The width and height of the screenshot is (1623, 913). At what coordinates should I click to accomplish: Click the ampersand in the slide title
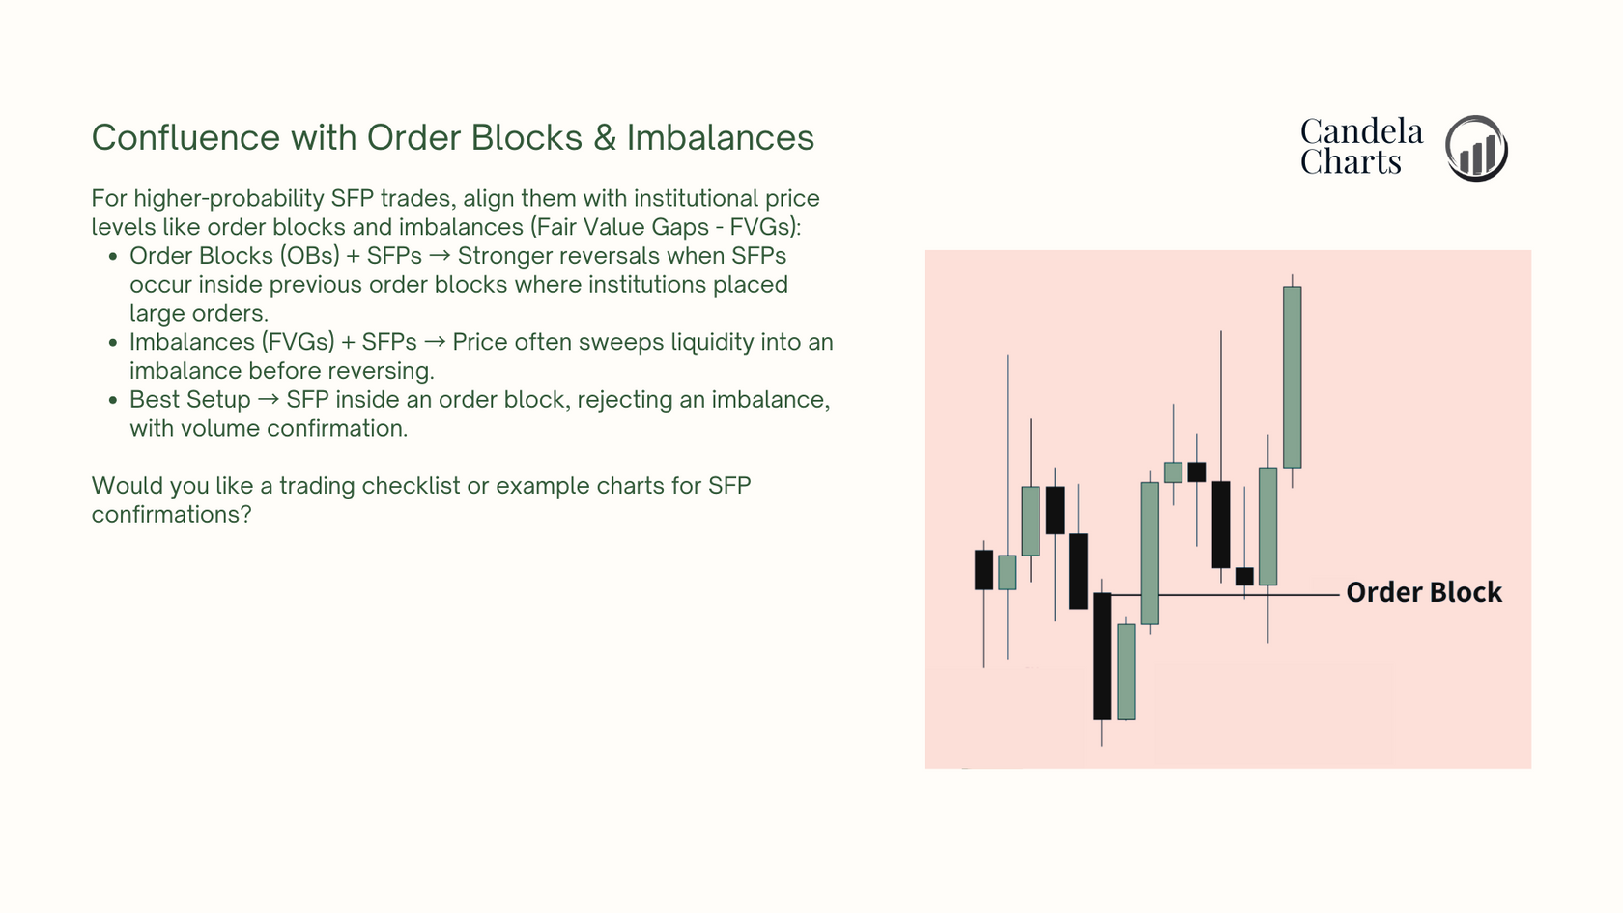tap(605, 137)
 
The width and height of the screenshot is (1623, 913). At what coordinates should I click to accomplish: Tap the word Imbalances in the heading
tap(721, 137)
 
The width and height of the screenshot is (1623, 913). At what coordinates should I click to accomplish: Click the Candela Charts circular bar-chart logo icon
tap(1476, 148)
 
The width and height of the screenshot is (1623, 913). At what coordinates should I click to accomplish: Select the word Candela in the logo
tap(1361, 131)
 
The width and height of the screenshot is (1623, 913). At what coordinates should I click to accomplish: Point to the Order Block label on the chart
tap(1424, 593)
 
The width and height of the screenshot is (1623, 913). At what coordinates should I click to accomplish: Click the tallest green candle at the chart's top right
tap(1292, 377)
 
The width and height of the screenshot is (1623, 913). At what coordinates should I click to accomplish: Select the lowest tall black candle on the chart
tap(1102, 656)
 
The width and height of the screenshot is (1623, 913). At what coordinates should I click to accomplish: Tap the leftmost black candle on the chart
tap(983, 570)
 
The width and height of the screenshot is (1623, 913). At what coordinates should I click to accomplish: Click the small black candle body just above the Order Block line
tap(1244, 576)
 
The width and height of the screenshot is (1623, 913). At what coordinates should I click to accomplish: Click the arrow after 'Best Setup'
tap(269, 400)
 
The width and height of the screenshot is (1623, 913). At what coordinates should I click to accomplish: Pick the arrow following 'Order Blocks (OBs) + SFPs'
tap(439, 257)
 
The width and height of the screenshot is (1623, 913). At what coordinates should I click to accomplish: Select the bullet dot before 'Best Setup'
tap(112, 400)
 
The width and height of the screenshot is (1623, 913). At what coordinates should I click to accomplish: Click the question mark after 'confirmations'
tap(245, 514)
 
